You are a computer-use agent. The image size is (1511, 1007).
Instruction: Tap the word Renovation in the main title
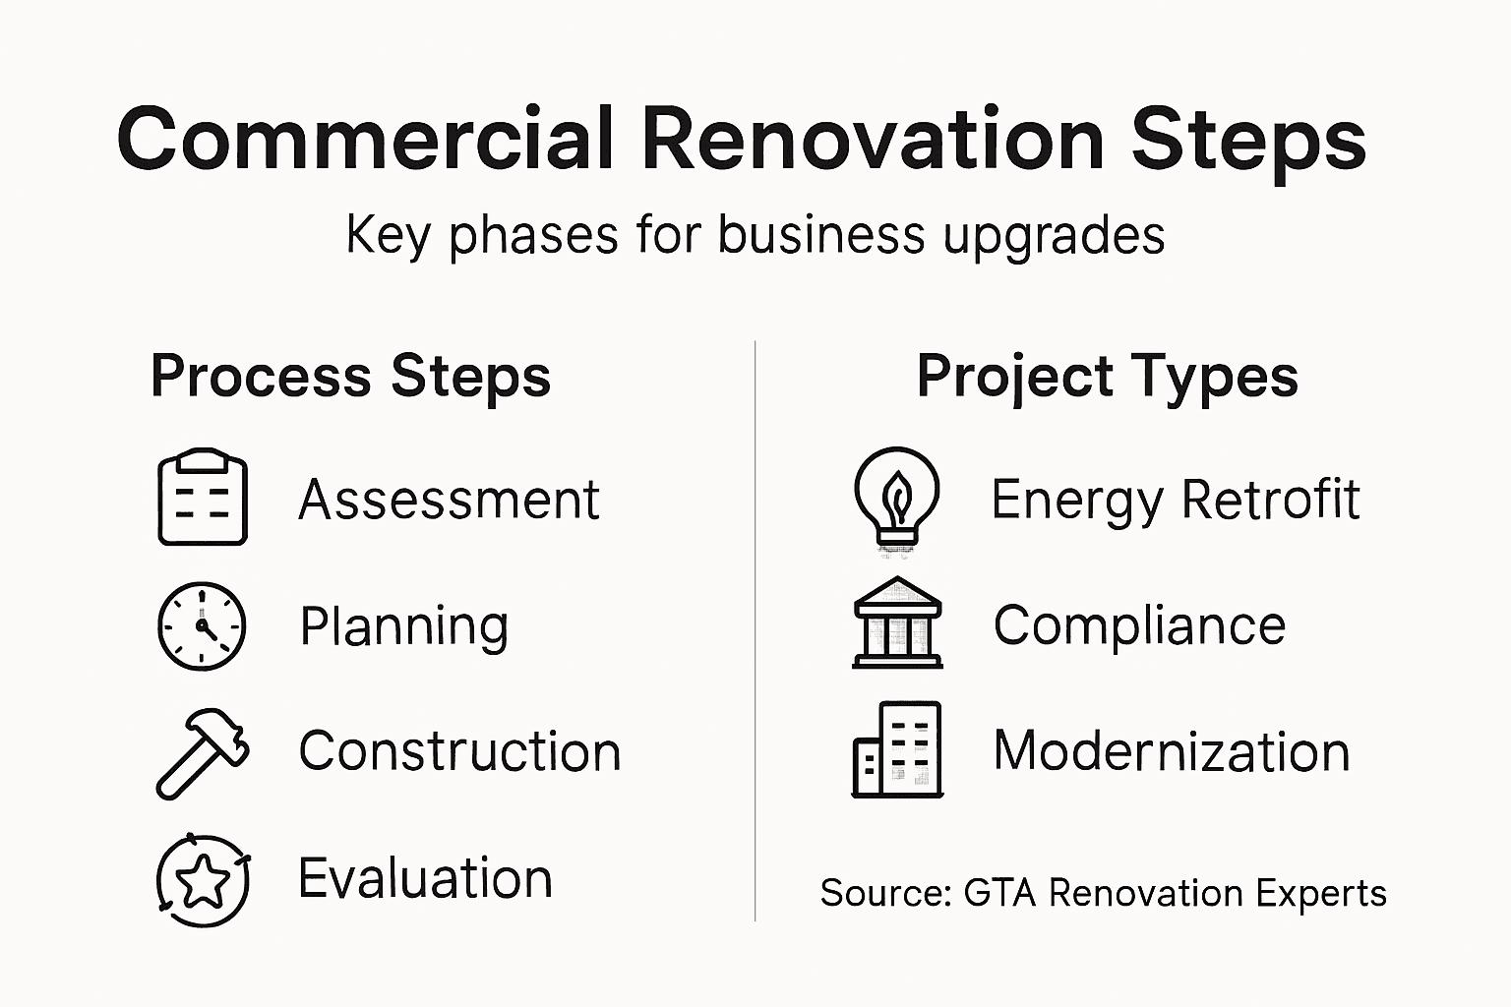click(874, 140)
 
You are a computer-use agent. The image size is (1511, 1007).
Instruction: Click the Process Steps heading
click(350, 377)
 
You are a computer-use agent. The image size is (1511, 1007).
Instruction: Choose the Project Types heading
click(1107, 377)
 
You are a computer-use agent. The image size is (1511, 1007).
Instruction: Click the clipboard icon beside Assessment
click(203, 498)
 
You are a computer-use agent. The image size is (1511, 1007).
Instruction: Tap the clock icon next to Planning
click(202, 625)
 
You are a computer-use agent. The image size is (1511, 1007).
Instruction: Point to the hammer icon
click(202, 752)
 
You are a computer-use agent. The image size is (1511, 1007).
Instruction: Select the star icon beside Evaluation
click(204, 880)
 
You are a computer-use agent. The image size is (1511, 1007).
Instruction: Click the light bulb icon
click(896, 497)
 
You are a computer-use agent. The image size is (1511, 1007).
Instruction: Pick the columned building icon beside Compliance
click(897, 623)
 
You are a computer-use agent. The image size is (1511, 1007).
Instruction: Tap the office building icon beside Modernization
click(897, 749)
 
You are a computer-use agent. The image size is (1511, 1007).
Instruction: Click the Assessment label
click(449, 500)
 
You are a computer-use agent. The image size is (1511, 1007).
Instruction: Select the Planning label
click(403, 626)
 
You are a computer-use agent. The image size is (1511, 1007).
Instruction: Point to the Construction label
click(459, 752)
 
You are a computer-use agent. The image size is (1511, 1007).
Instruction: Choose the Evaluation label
click(425, 878)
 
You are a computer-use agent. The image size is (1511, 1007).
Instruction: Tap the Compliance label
click(1139, 625)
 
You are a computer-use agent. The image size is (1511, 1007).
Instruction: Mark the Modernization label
click(1172, 752)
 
